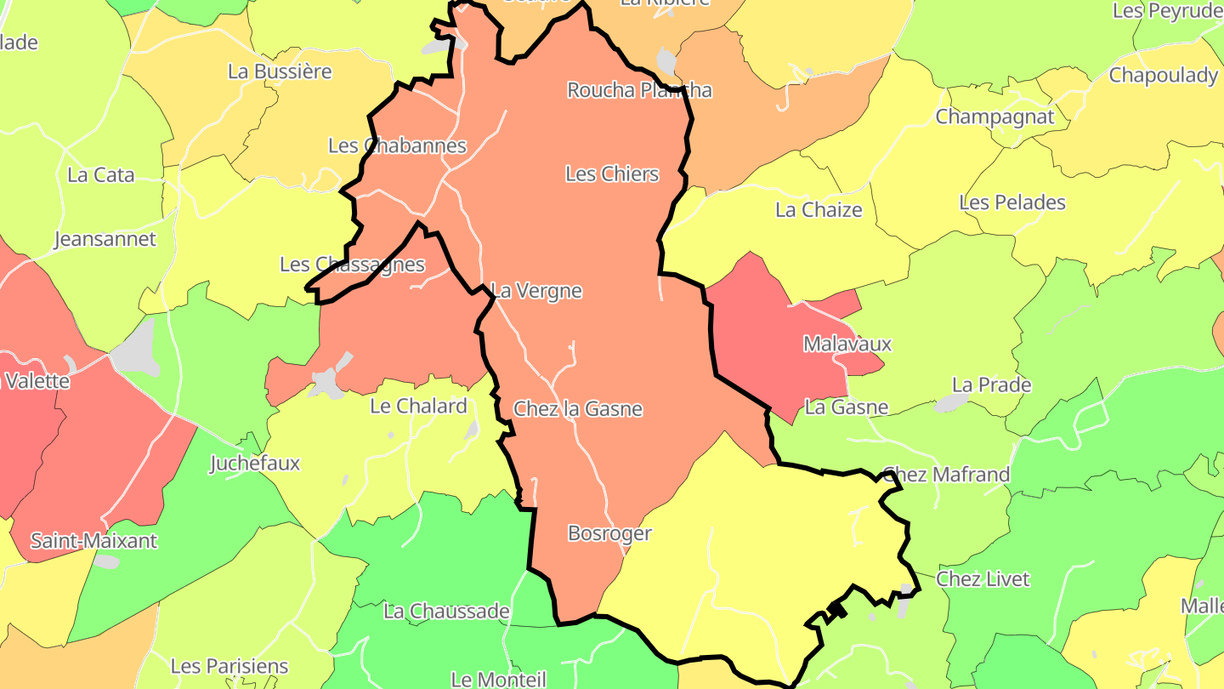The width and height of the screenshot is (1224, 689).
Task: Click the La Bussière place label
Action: pyautogui.click(x=280, y=71)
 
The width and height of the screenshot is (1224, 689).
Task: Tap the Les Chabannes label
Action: pyautogui.click(x=397, y=145)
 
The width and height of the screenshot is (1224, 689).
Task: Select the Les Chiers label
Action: pyautogui.click(x=612, y=174)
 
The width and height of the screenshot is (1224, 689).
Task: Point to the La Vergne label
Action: pyautogui.click(x=537, y=291)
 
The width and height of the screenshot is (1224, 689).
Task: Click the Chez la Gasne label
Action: pyautogui.click(x=578, y=409)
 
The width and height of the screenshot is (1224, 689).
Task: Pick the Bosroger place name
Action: pyautogui.click(x=609, y=533)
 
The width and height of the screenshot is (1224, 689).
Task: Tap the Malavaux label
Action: pyautogui.click(x=847, y=344)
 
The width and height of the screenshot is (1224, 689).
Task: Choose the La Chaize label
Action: pyautogui.click(x=819, y=210)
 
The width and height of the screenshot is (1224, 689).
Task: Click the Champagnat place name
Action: pyautogui.click(x=994, y=117)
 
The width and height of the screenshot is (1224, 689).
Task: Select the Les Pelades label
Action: pyautogui.click(x=1011, y=202)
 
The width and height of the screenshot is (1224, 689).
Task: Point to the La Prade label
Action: pyautogui.click(x=991, y=384)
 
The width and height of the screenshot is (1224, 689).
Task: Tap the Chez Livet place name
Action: pyautogui.click(x=983, y=579)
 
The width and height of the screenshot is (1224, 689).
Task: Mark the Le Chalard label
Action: pyautogui.click(x=419, y=407)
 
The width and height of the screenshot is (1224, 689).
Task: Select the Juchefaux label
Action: pyautogui.click(x=255, y=464)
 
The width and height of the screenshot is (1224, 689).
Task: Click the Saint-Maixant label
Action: pyautogui.click(x=93, y=541)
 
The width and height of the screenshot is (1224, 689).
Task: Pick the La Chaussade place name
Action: pyautogui.click(x=446, y=611)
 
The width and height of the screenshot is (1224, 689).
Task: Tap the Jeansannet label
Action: pyautogui.click(x=105, y=239)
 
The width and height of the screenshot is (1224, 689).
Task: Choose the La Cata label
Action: pyautogui.click(x=101, y=175)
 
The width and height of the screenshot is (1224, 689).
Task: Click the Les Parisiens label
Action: pyautogui.click(x=229, y=666)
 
